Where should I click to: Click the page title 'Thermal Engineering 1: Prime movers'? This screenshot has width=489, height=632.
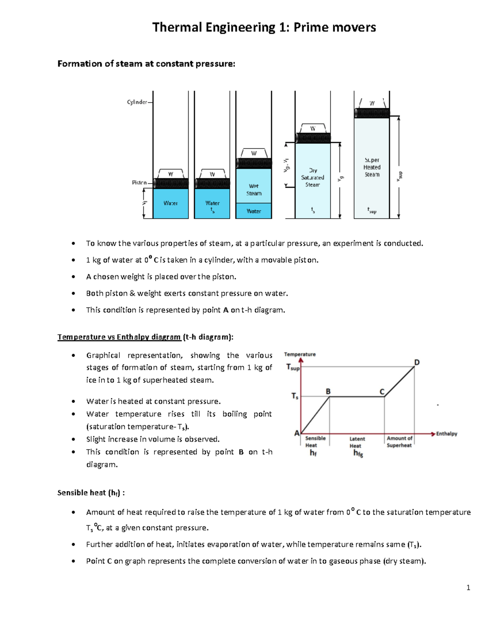(264, 27)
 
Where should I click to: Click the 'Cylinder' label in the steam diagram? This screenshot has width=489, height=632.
(137, 102)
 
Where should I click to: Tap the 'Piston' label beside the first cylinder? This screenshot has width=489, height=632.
(139, 183)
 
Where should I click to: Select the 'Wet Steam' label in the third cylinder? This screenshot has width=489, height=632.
(253, 190)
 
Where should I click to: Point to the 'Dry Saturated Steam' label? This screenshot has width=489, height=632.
(313, 177)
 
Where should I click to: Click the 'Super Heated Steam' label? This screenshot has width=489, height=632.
(372, 167)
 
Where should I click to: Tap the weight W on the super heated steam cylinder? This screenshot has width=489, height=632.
(372, 103)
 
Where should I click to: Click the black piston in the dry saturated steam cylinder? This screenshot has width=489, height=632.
(313, 138)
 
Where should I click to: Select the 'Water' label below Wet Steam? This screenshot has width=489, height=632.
(253, 211)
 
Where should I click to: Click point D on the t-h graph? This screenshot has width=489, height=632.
(416, 362)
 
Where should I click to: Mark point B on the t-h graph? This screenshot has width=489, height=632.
(328, 391)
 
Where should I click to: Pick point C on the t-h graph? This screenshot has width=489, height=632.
(382, 391)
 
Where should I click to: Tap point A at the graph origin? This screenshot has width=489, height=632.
(297, 433)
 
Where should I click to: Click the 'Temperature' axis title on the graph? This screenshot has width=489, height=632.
(300, 354)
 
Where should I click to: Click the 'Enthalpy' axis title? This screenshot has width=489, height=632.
(447, 434)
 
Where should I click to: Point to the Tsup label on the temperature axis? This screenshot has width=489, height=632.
(293, 367)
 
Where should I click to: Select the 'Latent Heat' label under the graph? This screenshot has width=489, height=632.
(357, 442)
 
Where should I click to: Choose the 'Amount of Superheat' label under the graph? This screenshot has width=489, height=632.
(399, 442)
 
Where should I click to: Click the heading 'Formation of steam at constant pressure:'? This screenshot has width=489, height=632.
(146, 64)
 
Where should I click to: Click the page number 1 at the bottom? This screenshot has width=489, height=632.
(468, 587)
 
